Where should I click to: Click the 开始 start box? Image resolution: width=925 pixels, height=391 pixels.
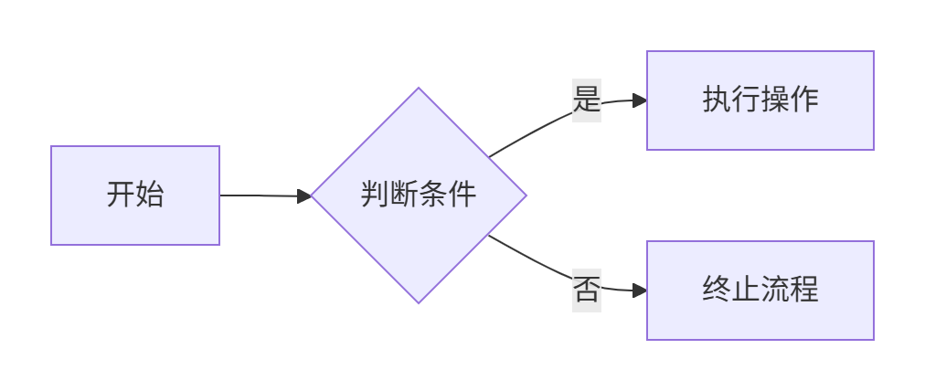(135, 195)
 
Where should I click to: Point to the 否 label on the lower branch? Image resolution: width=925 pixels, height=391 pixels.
(587, 291)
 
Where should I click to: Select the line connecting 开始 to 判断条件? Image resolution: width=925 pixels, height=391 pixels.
(260, 195)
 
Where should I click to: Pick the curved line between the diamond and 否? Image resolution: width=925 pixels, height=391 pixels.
(530, 258)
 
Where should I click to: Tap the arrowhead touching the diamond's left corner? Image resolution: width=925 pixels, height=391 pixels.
(304, 195)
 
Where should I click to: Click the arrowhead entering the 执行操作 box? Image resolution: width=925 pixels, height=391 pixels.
(640, 100)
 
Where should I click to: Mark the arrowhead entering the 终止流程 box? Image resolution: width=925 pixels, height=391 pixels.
(640, 291)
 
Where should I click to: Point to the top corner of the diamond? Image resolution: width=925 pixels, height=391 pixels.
(419, 90)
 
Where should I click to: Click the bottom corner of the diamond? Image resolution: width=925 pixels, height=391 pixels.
(419, 301)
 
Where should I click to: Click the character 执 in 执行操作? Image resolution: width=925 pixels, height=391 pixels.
(717, 100)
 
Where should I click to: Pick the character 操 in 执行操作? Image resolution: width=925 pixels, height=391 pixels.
(775, 100)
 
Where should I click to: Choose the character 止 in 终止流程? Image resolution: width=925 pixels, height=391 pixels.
(746, 291)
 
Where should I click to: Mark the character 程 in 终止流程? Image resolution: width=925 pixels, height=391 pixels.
(804, 291)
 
